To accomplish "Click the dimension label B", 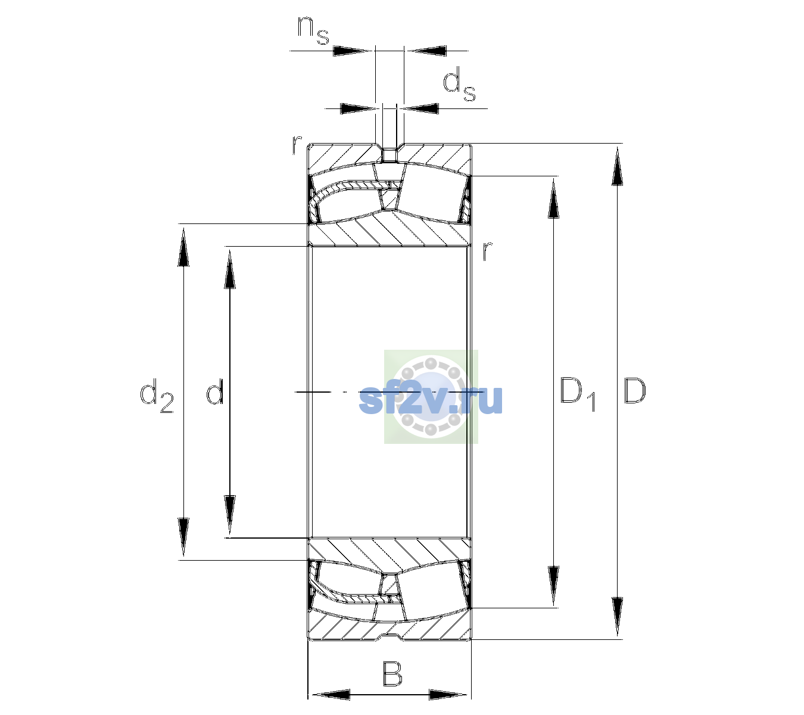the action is click(x=392, y=673).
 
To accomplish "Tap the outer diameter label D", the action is click(x=634, y=391).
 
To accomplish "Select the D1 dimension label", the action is click(x=578, y=394).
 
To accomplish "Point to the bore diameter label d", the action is click(x=214, y=391).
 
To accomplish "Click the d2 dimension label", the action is click(x=157, y=395).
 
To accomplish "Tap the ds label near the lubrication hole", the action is click(x=459, y=84).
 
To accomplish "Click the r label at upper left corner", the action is click(x=297, y=145).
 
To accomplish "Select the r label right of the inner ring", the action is click(x=487, y=250).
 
